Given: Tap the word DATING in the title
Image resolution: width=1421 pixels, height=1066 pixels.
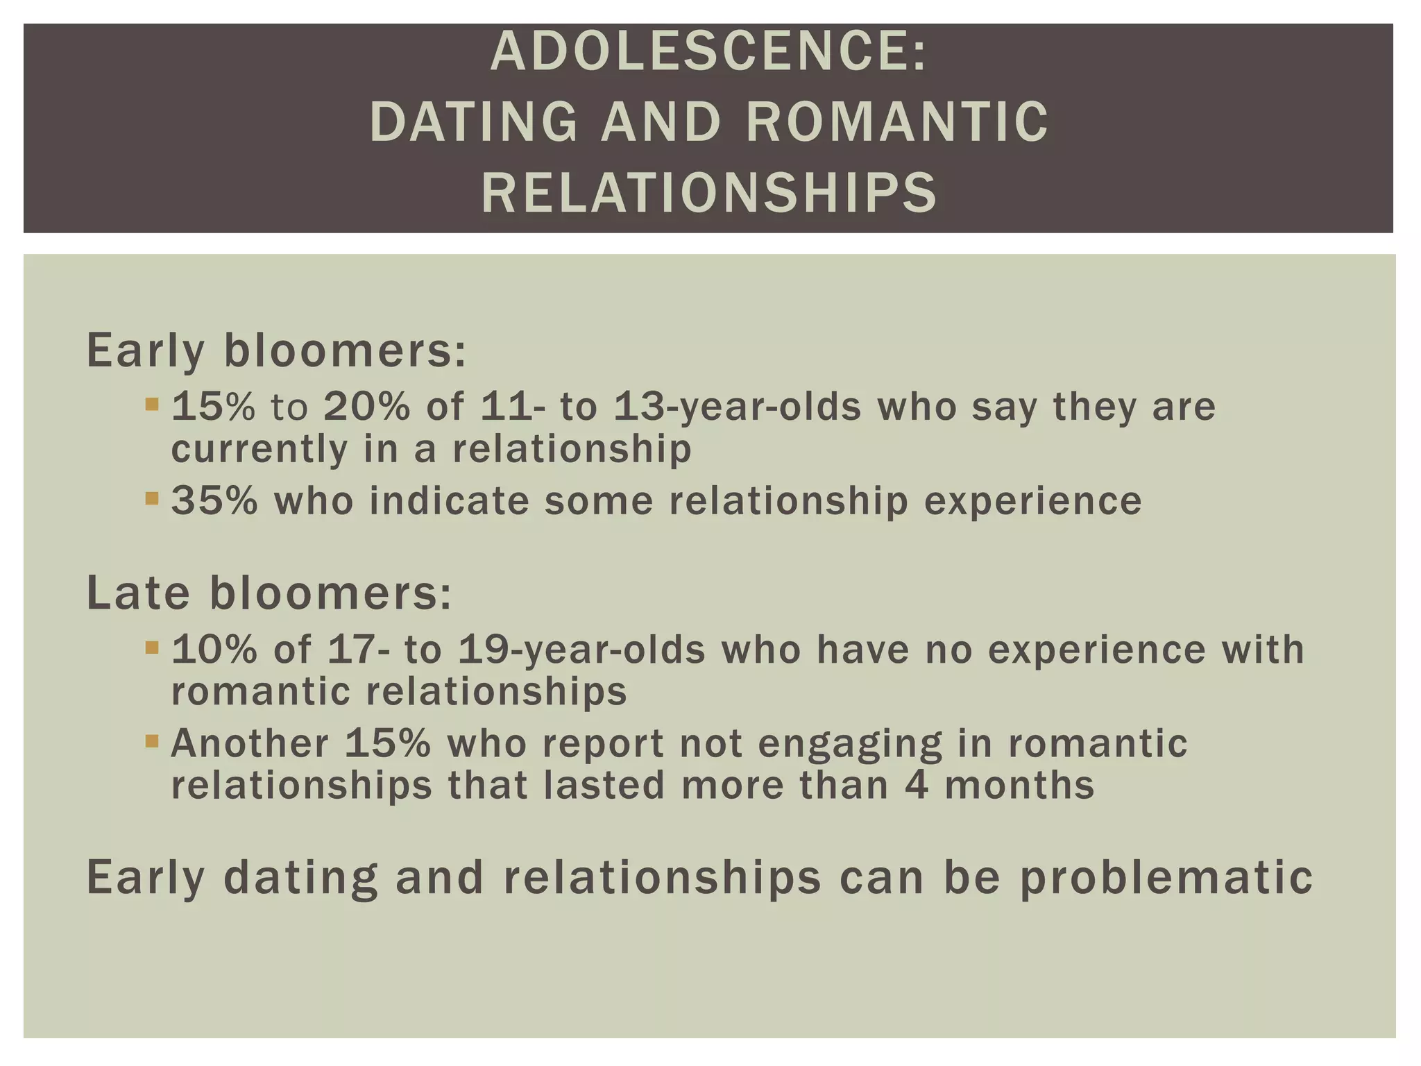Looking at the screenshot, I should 474,122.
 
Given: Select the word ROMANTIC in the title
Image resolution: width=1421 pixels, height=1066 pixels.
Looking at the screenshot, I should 897,122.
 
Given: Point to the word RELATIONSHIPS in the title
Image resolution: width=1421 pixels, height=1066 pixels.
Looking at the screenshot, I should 709,192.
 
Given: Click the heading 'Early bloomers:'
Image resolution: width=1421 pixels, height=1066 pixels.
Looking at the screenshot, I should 276,350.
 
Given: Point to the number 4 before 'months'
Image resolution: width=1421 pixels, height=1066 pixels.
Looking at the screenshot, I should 917,786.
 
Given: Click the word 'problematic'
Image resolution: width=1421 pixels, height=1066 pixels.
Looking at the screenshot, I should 1166,877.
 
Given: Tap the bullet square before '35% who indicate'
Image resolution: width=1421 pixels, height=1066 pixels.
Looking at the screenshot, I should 152,498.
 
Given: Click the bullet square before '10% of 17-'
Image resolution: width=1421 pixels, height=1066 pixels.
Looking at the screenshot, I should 152,648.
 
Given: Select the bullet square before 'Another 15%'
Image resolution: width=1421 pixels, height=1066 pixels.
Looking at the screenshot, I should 152,741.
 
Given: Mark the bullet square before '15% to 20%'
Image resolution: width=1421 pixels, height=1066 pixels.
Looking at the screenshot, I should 152,403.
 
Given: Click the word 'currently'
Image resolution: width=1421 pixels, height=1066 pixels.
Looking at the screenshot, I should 259,449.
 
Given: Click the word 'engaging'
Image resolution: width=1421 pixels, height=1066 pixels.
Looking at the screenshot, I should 850,745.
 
